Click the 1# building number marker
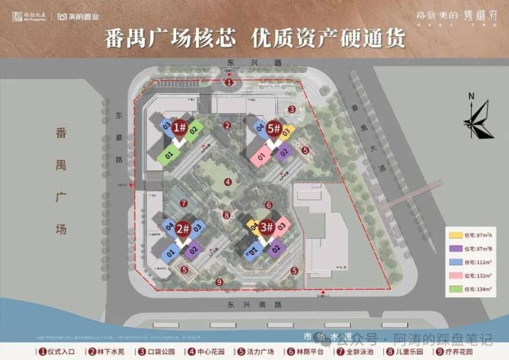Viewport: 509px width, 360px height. point(180,127)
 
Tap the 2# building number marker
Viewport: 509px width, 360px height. point(182,228)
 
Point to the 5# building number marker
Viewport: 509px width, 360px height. point(274,127)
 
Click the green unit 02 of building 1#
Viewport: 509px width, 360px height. point(194,128)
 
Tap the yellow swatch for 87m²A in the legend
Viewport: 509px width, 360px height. point(453,236)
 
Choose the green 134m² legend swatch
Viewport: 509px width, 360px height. point(453,289)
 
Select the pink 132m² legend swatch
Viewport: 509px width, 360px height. point(453,276)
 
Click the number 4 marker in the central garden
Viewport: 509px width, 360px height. point(228,182)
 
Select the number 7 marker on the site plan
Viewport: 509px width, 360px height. point(184,204)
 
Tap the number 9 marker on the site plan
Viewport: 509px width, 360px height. point(219,282)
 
